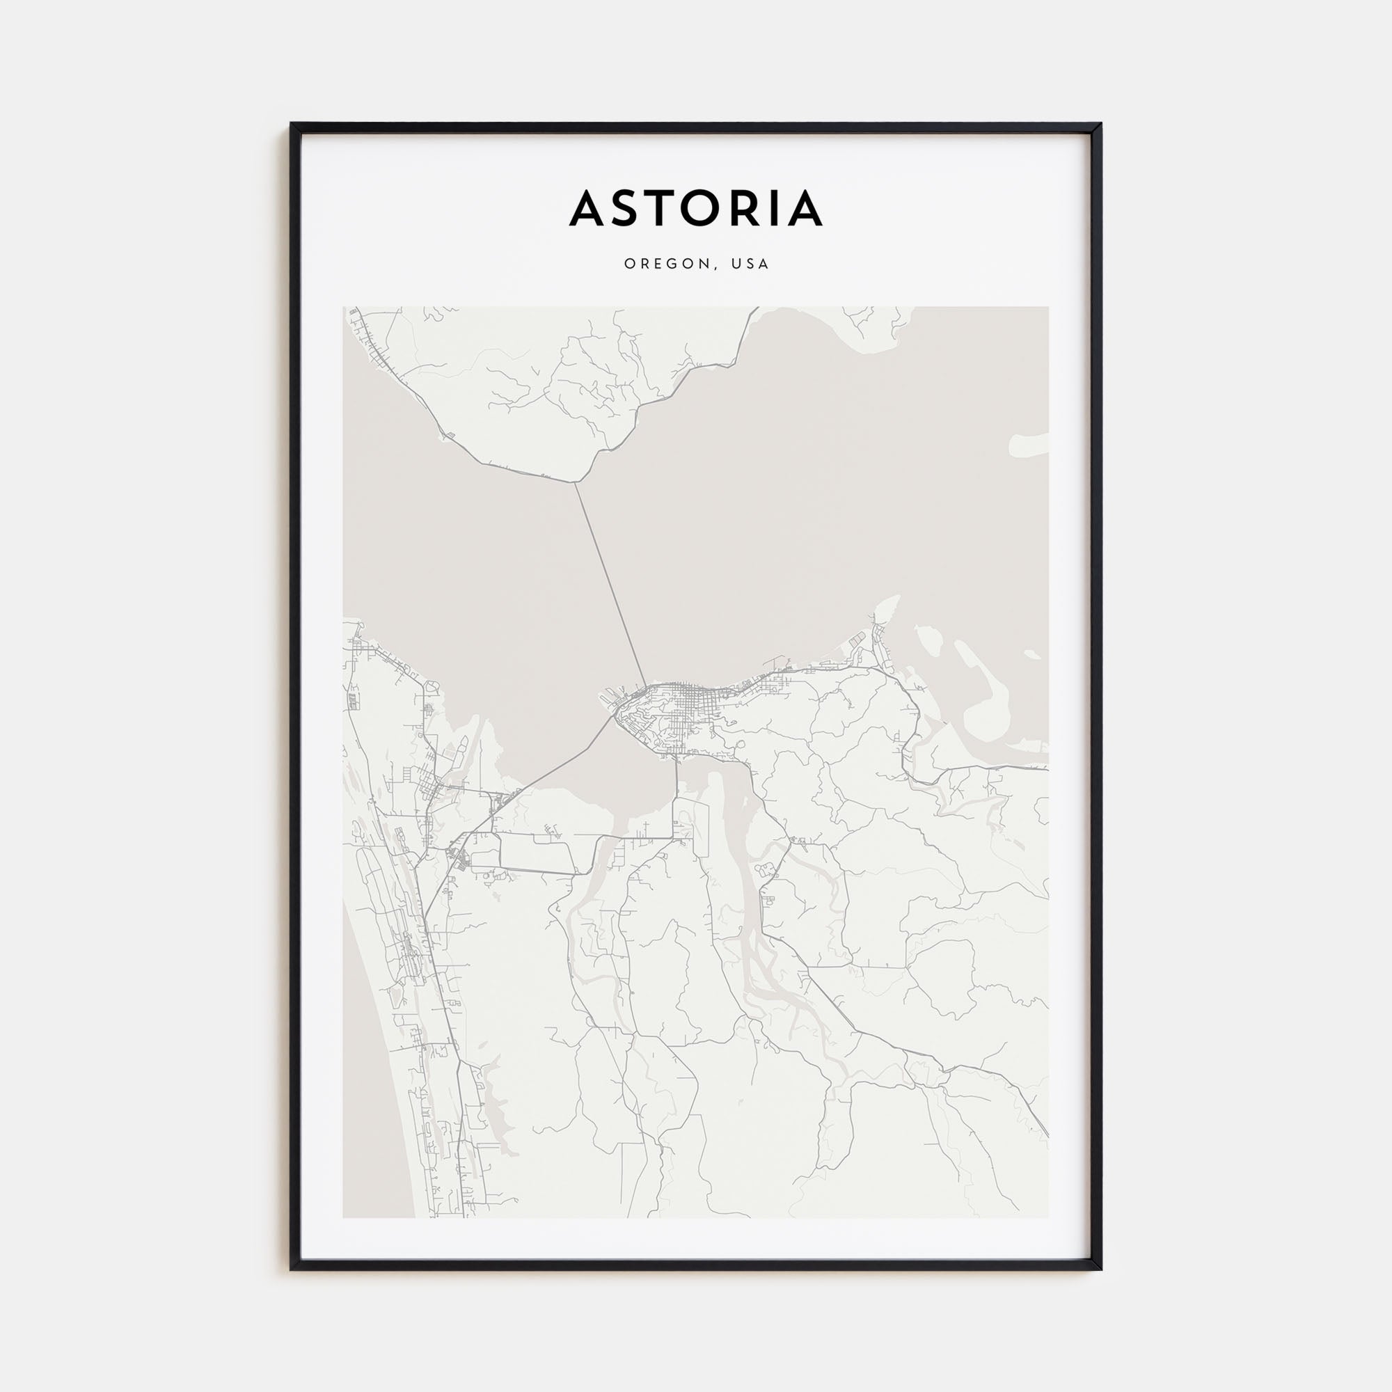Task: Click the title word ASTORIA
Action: [x=695, y=208]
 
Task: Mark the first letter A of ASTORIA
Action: [x=588, y=208]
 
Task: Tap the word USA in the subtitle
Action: [x=750, y=264]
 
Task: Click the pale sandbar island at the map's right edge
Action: [x=1027, y=445]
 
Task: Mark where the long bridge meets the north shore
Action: [x=575, y=483]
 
